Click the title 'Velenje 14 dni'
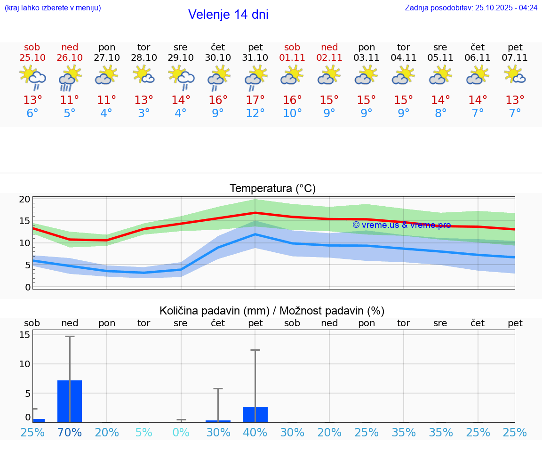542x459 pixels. [x=228, y=15]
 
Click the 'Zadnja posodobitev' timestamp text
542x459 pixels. [x=471, y=8]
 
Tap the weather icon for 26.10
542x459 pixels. [x=70, y=77]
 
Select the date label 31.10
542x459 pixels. [x=255, y=57]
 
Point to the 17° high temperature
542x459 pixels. [x=255, y=100]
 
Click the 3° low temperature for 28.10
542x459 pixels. [x=144, y=113]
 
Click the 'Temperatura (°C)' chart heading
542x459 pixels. [x=272, y=189]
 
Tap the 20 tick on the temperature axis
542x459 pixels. [x=24, y=199]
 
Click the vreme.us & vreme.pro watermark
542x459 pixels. [x=401, y=225]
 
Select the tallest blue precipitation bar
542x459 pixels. [x=70, y=401]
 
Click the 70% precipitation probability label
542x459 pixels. [x=70, y=432]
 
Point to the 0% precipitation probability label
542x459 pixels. [x=181, y=432]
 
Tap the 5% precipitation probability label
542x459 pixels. [x=144, y=432]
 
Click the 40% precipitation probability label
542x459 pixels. [x=255, y=432]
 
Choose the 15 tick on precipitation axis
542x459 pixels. [x=24, y=335]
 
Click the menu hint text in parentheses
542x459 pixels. [x=53, y=8]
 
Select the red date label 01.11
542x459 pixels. [x=292, y=57]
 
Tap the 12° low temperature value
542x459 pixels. [x=255, y=113]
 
